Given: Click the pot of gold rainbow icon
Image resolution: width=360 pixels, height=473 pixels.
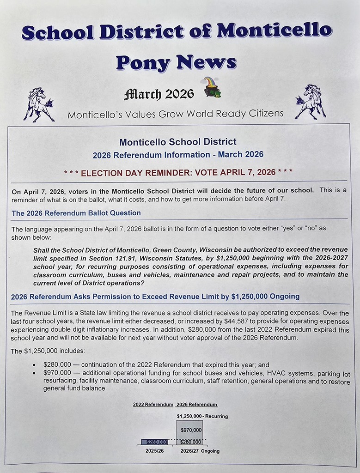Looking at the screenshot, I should click(x=212, y=87).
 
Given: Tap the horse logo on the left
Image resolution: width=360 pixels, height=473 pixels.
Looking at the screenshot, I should click(x=38, y=104).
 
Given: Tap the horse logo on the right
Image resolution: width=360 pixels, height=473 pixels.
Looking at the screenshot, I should click(x=310, y=102).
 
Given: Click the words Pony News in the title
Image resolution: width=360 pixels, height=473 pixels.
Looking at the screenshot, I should click(x=176, y=62).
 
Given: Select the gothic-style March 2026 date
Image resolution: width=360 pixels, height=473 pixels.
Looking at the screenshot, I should click(x=159, y=94).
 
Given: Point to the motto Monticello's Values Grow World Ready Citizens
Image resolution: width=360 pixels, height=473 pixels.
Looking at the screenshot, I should click(x=175, y=114).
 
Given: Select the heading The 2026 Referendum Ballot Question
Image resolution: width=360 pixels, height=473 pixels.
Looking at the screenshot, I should click(x=76, y=213).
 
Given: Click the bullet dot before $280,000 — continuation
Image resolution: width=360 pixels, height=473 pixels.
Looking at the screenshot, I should click(x=34, y=365).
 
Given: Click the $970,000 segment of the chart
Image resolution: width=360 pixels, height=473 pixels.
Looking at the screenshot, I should click(x=191, y=430).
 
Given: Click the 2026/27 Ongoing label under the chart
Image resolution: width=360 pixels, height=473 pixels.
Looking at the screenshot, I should click(x=200, y=451).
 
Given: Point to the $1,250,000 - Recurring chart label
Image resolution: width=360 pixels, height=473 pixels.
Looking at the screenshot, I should click(x=202, y=416).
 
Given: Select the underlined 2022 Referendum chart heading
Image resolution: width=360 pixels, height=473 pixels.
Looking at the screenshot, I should click(x=153, y=405).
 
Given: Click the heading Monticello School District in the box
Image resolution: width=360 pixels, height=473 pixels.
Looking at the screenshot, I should click(x=177, y=142).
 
